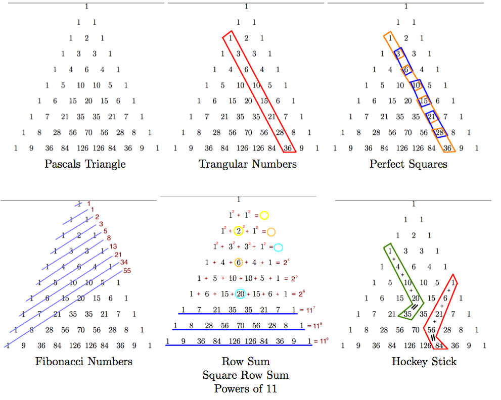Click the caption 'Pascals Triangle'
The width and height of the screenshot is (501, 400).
85,164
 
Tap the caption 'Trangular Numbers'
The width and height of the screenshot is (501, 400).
248,164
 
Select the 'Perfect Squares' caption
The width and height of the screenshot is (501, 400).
408,164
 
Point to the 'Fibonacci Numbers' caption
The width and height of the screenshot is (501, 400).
84,361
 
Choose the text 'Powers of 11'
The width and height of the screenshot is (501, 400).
246,388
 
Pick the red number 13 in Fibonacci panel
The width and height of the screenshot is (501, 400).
113,246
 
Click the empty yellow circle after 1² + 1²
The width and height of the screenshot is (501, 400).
264,216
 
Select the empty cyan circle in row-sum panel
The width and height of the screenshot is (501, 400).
278,247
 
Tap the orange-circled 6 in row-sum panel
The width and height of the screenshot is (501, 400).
239,262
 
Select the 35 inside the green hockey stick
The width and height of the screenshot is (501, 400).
407,314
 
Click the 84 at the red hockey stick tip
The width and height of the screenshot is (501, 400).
439,346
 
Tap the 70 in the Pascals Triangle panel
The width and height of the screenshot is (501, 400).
88,133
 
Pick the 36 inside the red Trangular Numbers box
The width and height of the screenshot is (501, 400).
288,148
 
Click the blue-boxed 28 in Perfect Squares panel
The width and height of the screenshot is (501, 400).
439,133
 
